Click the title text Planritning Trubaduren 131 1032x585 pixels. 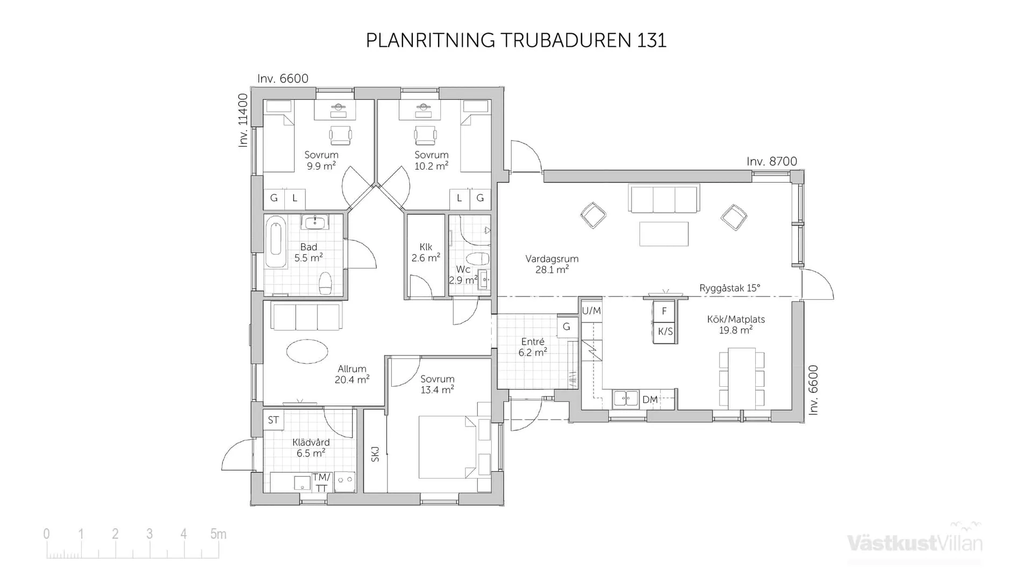515,40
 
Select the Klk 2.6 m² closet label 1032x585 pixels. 426,252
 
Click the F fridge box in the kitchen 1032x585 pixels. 664,311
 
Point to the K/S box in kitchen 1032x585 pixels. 665,331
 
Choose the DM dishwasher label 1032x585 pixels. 650,400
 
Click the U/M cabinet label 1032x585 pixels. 591,311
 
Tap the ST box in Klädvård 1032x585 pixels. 273,420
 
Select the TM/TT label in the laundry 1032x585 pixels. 321,482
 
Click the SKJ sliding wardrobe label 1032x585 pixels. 375,454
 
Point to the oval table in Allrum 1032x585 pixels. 307,352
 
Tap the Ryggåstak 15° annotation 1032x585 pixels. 729,288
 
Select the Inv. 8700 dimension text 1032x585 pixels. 771,162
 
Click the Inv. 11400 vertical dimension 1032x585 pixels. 243,120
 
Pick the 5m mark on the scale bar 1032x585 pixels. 218,534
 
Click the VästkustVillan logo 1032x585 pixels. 914,542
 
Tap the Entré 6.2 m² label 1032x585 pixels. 533,347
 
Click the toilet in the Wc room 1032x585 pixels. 477,259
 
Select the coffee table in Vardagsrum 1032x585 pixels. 664,234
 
